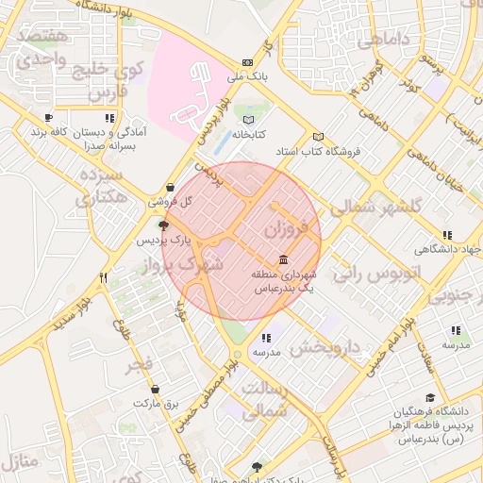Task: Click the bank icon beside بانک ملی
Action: click(248, 62)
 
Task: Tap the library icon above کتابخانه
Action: click(249, 120)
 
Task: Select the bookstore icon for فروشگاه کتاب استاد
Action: click(318, 137)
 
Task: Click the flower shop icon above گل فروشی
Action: click(170, 187)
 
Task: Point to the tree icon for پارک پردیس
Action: click(164, 225)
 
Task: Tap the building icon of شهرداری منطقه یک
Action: click(284, 259)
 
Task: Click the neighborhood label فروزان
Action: click(286, 228)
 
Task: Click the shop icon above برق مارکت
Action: click(155, 389)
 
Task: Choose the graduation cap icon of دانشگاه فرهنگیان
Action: click(430, 398)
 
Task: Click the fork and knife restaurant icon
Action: click(104, 278)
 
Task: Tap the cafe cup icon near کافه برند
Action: click(48, 118)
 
